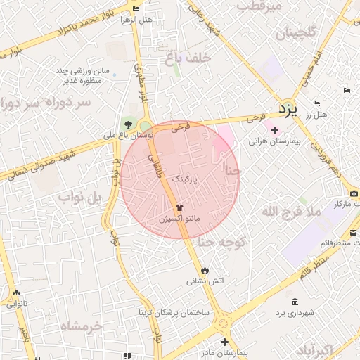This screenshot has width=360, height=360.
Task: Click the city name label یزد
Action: point(288,108)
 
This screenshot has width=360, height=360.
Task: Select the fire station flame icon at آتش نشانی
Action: point(205,269)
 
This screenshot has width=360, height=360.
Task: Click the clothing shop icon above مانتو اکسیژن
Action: point(179,208)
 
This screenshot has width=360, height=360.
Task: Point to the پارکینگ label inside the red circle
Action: point(195,179)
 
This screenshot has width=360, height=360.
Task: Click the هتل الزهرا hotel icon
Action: point(136,8)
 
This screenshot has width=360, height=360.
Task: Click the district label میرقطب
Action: point(259,6)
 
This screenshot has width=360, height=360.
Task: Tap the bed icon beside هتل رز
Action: point(317,104)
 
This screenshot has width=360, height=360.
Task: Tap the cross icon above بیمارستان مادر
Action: point(224,341)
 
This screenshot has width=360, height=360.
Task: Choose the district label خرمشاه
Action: point(82,326)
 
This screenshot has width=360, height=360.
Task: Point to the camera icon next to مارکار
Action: point(354,193)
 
